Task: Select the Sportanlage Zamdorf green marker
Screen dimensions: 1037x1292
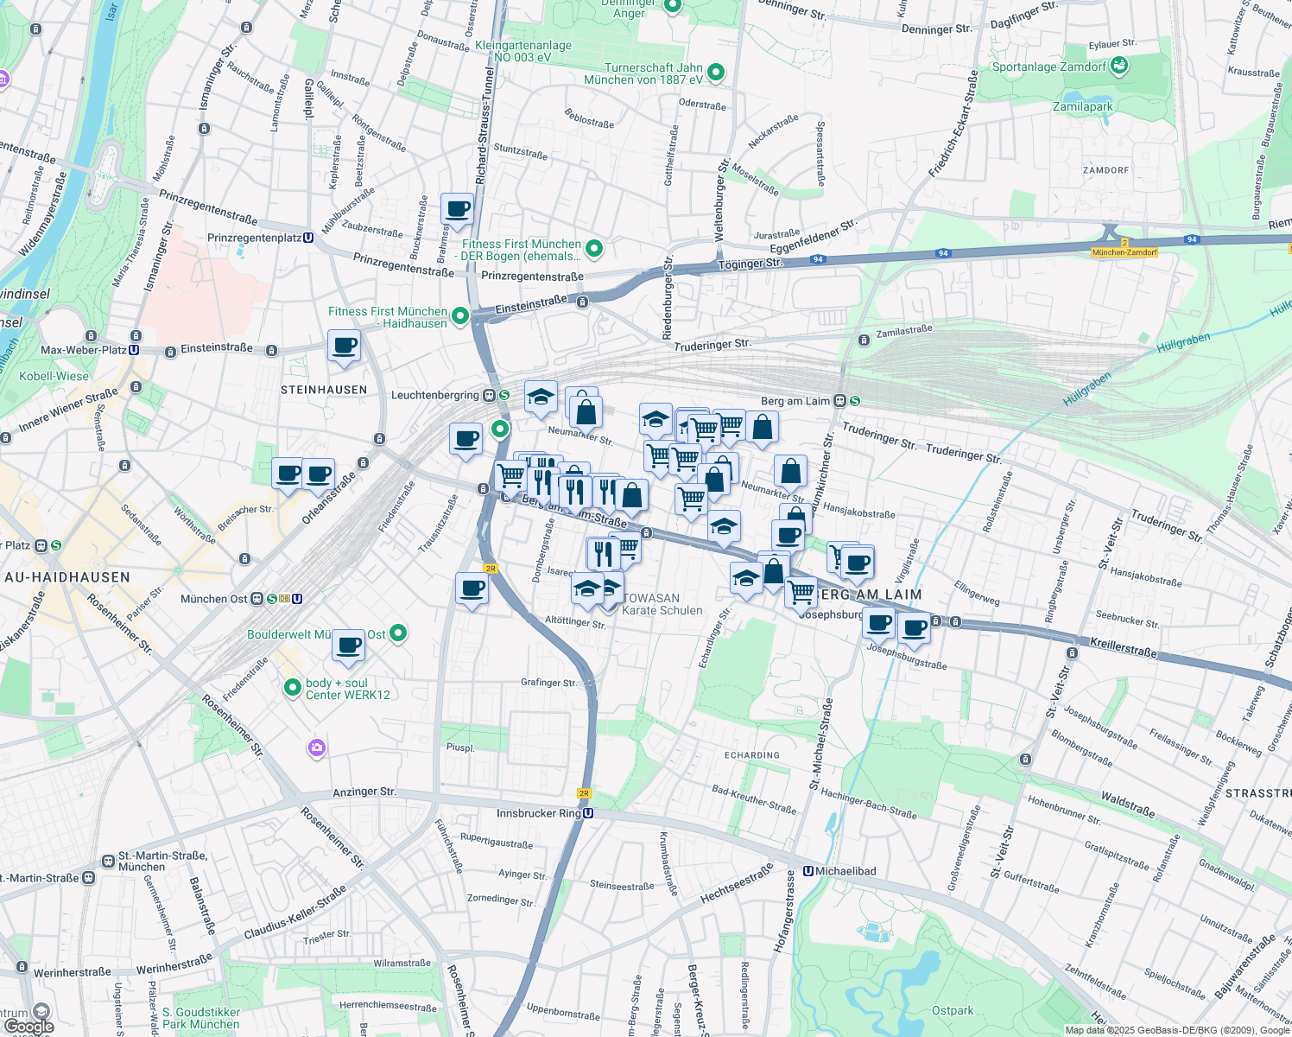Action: pyautogui.click(x=1119, y=65)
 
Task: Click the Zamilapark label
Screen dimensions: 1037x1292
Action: pyautogui.click(x=1082, y=107)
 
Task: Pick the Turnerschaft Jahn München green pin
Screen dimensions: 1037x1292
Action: pyautogui.click(x=716, y=73)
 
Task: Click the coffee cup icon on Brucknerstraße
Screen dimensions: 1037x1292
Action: pyautogui.click(x=457, y=209)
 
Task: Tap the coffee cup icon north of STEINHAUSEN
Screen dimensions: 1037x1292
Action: pyautogui.click(x=344, y=347)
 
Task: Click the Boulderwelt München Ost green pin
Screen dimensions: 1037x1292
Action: pyautogui.click(x=398, y=633)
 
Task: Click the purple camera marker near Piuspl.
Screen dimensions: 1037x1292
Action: pyautogui.click(x=317, y=748)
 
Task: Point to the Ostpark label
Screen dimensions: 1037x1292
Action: pyautogui.click(x=953, y=1010)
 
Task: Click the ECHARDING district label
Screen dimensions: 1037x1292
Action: pyautogui.click(x=752, y=755)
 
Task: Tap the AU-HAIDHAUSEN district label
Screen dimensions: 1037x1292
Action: pyautogui.click(x=67, y=577)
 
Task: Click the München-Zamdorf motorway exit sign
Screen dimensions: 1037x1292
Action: pyautogui.click(x=1124, y=252)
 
